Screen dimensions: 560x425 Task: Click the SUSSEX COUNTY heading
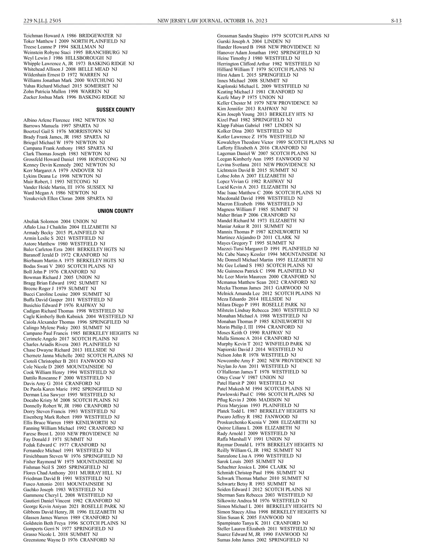[x=115, y=110]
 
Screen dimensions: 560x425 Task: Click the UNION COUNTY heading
[x=115, y=211]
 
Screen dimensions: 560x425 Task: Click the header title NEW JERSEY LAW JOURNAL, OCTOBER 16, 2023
[x=212, y=21]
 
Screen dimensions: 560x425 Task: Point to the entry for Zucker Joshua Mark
[x=74, y=97]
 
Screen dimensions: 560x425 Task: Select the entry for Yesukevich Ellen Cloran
[x=68, y=198]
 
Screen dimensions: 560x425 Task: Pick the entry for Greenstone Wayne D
[x=69, y=540]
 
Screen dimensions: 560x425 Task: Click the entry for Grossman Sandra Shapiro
[x=273, y=36]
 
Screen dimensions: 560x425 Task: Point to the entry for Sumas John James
[x=262, y=540]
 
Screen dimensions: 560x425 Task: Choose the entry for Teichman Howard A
[x=73, y=36]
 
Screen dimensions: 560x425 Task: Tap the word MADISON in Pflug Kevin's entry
[x=270, y=400]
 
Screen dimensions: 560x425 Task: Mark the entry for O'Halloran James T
[x=262, y=372]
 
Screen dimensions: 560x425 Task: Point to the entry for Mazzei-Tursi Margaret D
[x=268, y=248]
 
